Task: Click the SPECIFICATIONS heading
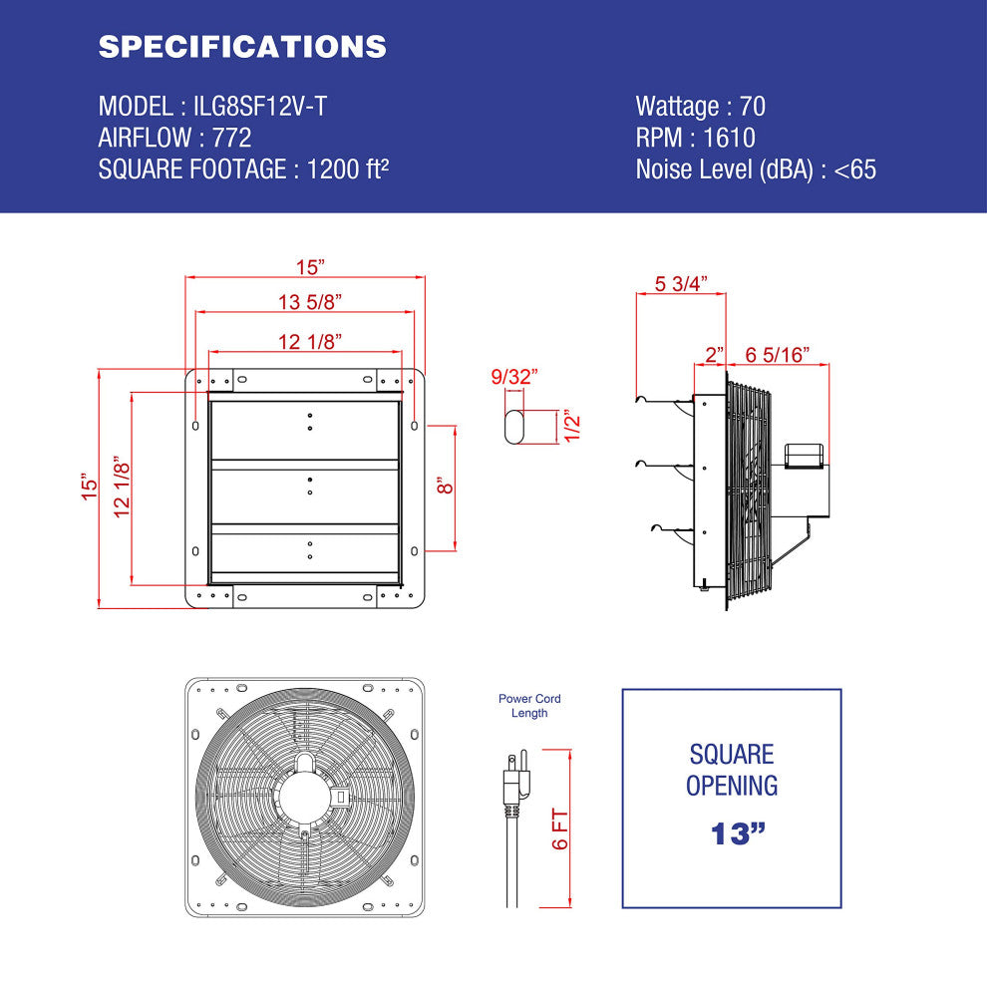coord(242,47)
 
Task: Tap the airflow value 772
coord(232,138)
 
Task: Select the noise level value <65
coord(855,169)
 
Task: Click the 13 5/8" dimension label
coord(310,302)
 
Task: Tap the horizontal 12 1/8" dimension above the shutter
coord(310,342)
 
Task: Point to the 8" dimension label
coord(446,486)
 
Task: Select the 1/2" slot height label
coord(571,427)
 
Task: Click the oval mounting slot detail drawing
coord(514,426)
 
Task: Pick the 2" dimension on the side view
coord(715,354)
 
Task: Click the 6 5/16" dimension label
coord(778,354)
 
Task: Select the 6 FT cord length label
coord(559,829)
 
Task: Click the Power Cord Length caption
coord(529,706)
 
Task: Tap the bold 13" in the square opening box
coord(731,833)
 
